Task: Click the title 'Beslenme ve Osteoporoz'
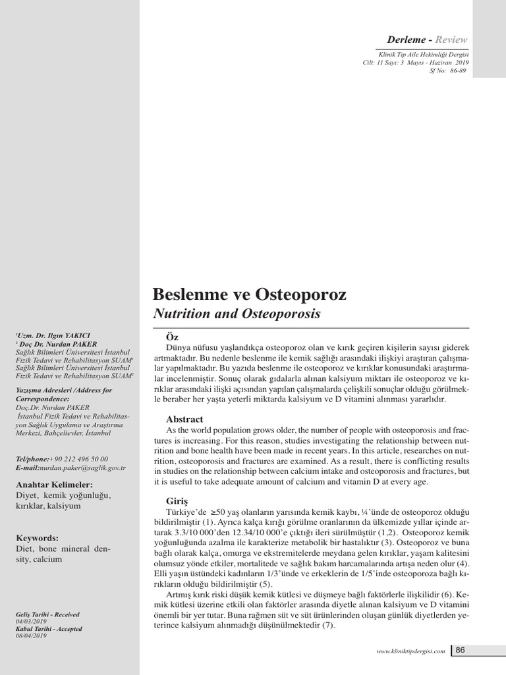tap(250, 294)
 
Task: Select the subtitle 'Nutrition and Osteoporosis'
tap(237, 314)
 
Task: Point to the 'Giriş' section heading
tap(175, 502)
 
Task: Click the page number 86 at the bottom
tap(460, 650)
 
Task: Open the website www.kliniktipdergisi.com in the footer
tap(410, 651)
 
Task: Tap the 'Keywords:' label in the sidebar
tap(37, 538)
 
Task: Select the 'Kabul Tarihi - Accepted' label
tap(47, 628)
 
